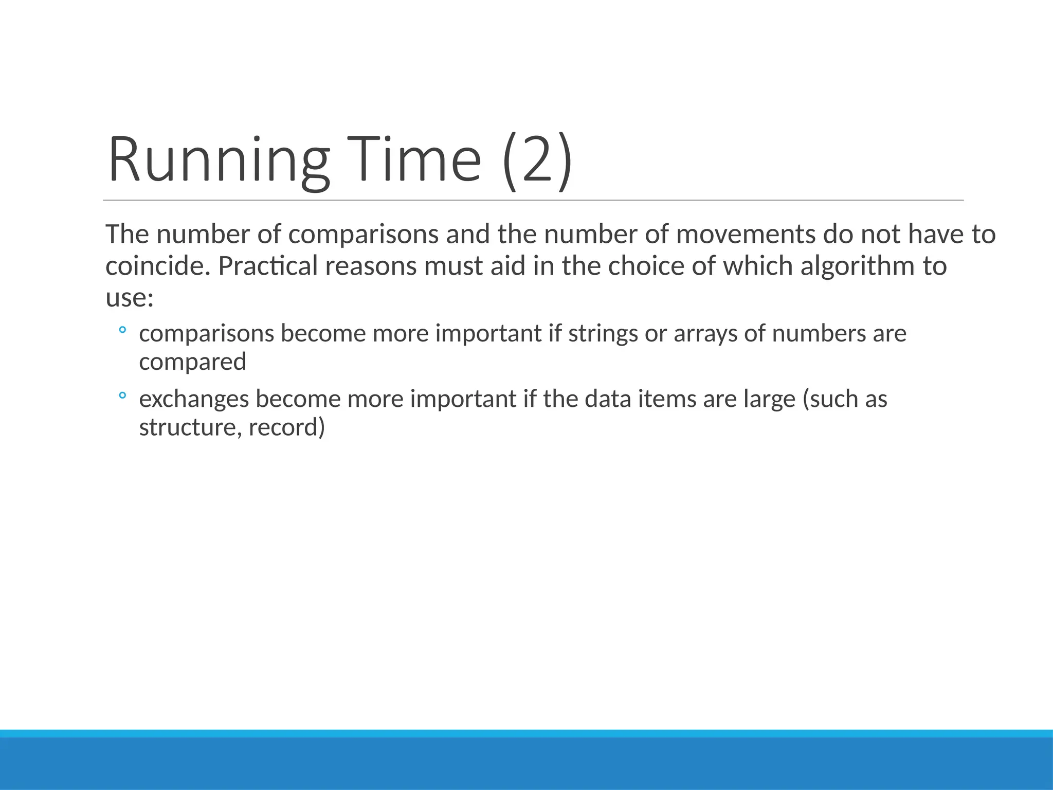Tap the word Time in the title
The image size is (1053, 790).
413,159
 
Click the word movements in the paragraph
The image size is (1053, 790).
746,235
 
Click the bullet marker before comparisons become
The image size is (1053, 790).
122,330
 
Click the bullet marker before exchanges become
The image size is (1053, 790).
122,396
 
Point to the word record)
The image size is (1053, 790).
287,428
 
